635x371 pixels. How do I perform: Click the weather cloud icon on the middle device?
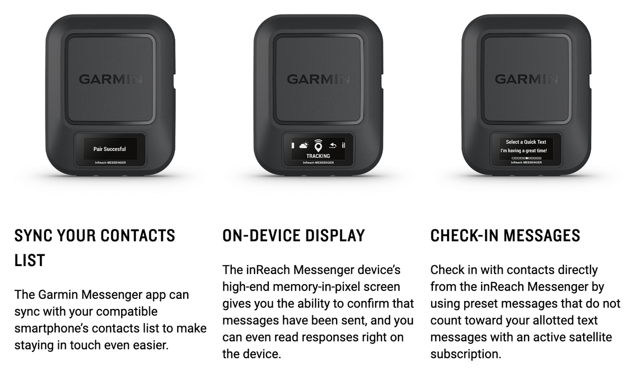coord(304,146)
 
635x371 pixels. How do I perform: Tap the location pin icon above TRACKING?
coord(319,146)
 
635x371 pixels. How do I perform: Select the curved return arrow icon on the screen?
coord(333,146)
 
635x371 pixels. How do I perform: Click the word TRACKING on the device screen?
coord(318,156)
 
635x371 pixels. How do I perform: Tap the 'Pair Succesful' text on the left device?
coord(110,149)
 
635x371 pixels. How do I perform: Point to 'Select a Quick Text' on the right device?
coord(526,142)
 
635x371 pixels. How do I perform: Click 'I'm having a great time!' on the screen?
coord(523,151)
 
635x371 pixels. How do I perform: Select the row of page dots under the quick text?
coord(527,158)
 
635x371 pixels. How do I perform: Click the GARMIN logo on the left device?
coord(110,79)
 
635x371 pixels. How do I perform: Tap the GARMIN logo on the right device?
coord(527,79)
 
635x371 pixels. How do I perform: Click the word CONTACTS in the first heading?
coord(138,236)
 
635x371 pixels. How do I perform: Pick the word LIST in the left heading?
coord(30,260)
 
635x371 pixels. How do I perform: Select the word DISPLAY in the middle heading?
coord(335,236)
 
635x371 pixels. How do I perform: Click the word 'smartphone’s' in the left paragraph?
coord(51,329)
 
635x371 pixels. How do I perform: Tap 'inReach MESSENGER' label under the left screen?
coord(110,163)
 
